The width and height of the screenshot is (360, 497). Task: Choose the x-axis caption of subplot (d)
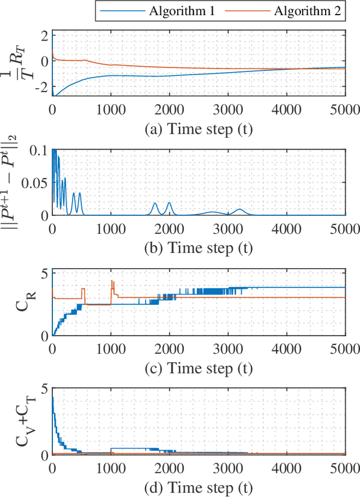[x=198, y=486]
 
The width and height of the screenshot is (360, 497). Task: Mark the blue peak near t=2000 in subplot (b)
[x=169, y=203]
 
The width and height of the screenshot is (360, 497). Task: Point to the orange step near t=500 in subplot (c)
[x=83, y=290]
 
